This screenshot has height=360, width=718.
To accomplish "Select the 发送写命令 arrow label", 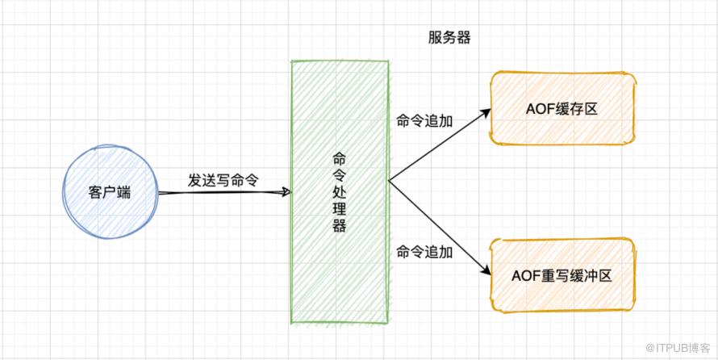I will (x=223, y=180).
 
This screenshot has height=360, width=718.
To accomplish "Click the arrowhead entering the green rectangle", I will (x=283, y=192).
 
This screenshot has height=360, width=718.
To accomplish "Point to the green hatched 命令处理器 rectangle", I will (x=340, y=258).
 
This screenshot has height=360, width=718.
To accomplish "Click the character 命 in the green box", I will (x=340, y=159).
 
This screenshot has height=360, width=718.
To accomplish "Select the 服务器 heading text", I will (x=449, y=38).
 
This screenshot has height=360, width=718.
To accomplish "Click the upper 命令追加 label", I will (x=424, y=121).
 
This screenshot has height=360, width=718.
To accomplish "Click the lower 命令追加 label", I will (x=424, y=253).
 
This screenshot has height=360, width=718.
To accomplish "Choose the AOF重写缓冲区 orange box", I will (x=563, y=275).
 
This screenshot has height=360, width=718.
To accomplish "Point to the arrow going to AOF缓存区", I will (x=440, y=144).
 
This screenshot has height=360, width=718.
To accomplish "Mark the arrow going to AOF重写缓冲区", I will (x=440, y=228).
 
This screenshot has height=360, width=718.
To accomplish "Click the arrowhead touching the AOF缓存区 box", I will (x=486, y=112).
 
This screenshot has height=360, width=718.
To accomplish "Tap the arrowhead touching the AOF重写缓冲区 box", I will (x=486, y=270).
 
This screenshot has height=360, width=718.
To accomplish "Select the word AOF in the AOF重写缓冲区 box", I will (x=525, y=276).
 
